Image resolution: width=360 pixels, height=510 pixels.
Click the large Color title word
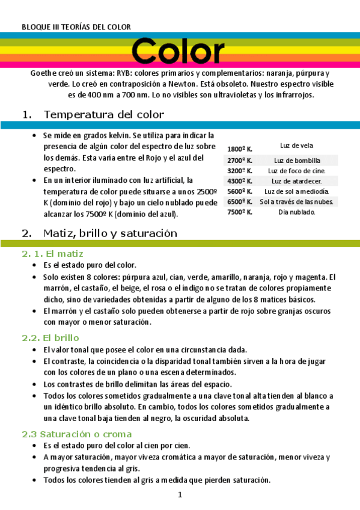pos(178,52)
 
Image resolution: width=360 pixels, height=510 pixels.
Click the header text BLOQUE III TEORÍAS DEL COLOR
pos(76,27)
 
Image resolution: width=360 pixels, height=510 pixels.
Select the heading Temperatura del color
pos(103,114)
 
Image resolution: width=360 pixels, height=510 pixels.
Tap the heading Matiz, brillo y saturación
pos(110,233)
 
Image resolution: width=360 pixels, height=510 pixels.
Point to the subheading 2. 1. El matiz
pos(52,254)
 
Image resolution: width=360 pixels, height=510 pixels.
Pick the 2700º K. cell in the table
pos(239,161)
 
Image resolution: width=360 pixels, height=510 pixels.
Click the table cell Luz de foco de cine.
pos(297,171)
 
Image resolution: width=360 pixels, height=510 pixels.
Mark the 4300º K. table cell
pos(239,181)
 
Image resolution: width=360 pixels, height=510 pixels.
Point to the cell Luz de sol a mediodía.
pos(297,191)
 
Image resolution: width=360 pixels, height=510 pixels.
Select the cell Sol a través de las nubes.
pos(297,201)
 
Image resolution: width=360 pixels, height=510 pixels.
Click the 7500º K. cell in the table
pos(239,212)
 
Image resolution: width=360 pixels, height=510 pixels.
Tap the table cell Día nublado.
pos(297,212)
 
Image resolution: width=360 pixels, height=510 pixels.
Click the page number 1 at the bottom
pos(179,495)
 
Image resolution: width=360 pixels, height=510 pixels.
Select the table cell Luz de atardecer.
pos(297,181)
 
